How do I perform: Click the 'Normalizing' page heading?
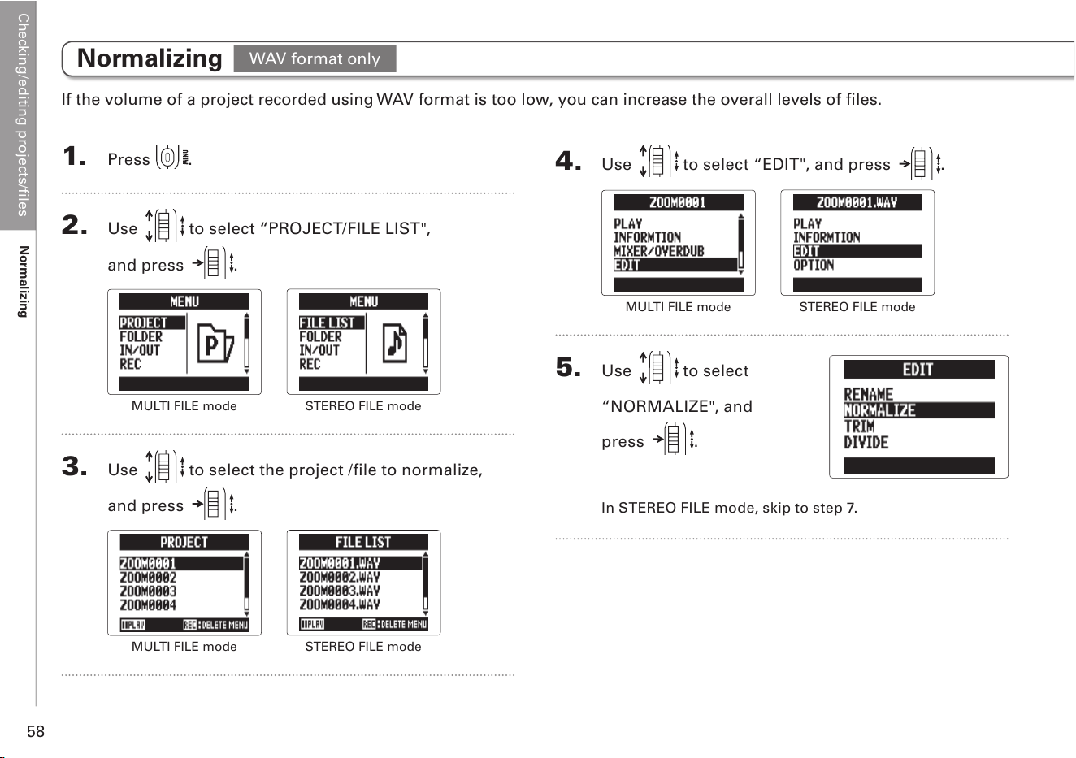(150, 58)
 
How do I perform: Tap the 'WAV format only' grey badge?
(315, 58)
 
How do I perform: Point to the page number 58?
(36, 731)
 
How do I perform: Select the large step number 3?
(74, 466)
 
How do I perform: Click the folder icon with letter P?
(215, 343)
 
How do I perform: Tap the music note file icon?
(395, 343)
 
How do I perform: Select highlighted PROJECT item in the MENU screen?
(152, 323)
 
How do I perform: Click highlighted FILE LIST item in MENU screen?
(332, 323)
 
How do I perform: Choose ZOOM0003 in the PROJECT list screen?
(148, 591)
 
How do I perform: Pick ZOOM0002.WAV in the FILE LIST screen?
(339, 577)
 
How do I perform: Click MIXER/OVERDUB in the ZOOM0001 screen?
(658, 251)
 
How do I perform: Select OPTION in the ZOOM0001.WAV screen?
(814, 265)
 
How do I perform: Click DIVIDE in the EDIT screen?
(866, 443)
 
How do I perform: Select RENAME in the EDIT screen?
(869, 394)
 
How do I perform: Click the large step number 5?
(568, 367)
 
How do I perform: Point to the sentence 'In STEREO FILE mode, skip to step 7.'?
(729, 508)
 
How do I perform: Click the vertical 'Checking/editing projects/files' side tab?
(23, 115)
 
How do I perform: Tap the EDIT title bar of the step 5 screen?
(918, 370)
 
